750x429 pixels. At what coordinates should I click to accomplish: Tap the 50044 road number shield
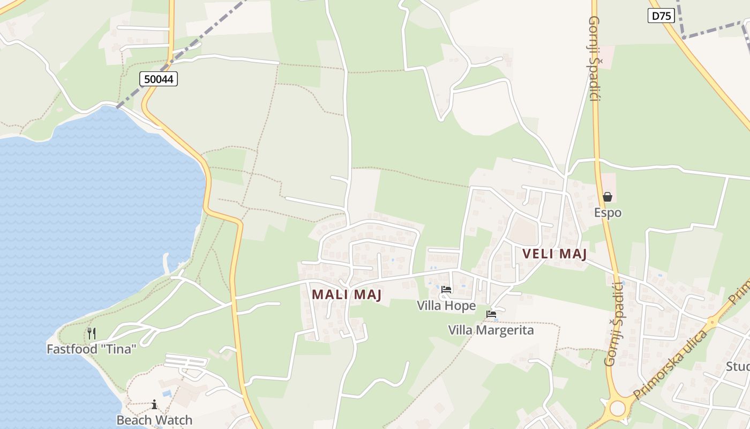(159, 79)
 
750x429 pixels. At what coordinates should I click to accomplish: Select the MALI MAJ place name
(347, 294)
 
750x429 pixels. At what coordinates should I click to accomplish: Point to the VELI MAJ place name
(554, 254)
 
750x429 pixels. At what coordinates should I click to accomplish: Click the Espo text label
(607, 212)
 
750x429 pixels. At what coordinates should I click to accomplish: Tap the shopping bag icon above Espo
(607, 197)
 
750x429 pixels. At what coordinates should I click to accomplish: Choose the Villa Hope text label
(446, 306)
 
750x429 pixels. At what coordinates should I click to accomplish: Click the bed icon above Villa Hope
(446, 290)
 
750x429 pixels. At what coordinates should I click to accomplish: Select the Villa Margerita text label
(491, 330)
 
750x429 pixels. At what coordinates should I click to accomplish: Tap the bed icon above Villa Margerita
(491, 314)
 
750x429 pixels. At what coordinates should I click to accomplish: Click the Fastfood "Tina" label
(92, 349)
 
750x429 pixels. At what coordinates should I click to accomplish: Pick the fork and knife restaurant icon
(92, 334)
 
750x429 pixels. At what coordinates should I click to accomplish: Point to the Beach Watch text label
(154, 420)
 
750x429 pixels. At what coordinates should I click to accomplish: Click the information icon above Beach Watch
(154, 404)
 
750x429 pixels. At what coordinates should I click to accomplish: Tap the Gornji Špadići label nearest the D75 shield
(594, 59)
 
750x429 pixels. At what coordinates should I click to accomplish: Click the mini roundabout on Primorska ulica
(712, 323)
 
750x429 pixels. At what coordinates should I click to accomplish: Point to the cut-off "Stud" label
(738, 367)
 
